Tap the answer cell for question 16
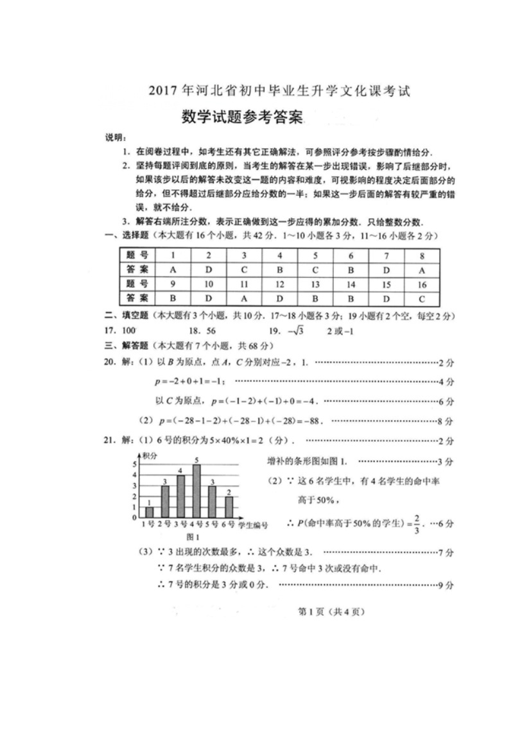[x=421, y=298]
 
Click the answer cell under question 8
[x=421, y=269]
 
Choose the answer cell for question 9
[x=173, y=298]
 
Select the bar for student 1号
[x=150, y=512]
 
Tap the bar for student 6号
[x=229, y=507]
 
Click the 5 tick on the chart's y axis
[x=134, y=464]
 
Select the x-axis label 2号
[x=164, y=525]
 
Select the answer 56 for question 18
[x=211, y=330]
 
